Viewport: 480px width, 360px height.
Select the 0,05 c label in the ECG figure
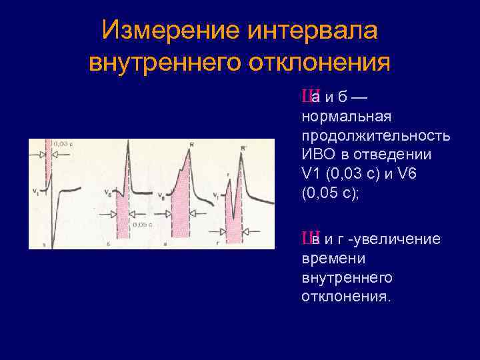[x=142, y=225]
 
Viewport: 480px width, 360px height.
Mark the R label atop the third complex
[x=192, y=144]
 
